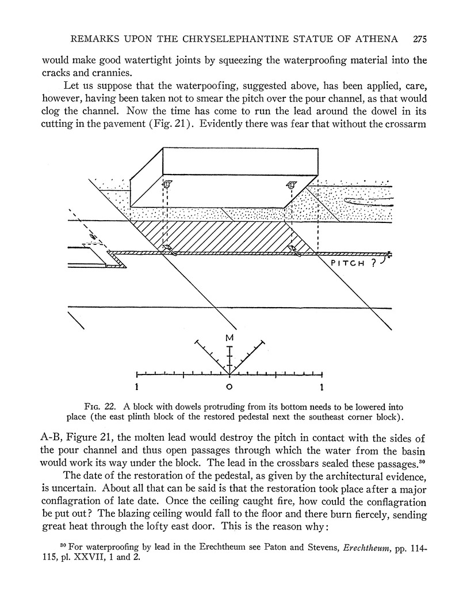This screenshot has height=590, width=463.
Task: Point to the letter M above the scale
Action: pyautogui.click(x=229, y=338)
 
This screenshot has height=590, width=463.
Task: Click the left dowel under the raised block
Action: pyautogui.click(x=167, y=185)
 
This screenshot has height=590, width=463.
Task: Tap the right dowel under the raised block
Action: pyautogui.click(x=291, y=185)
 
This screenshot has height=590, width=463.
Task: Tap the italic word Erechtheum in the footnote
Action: pyautogui.click(x=368, y=546)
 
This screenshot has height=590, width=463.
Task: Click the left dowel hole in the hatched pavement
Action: pyautogui.click(x=169, y=249)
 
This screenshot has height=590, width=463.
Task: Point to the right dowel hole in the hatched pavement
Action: pyautogui.click(x=296, y=250)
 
